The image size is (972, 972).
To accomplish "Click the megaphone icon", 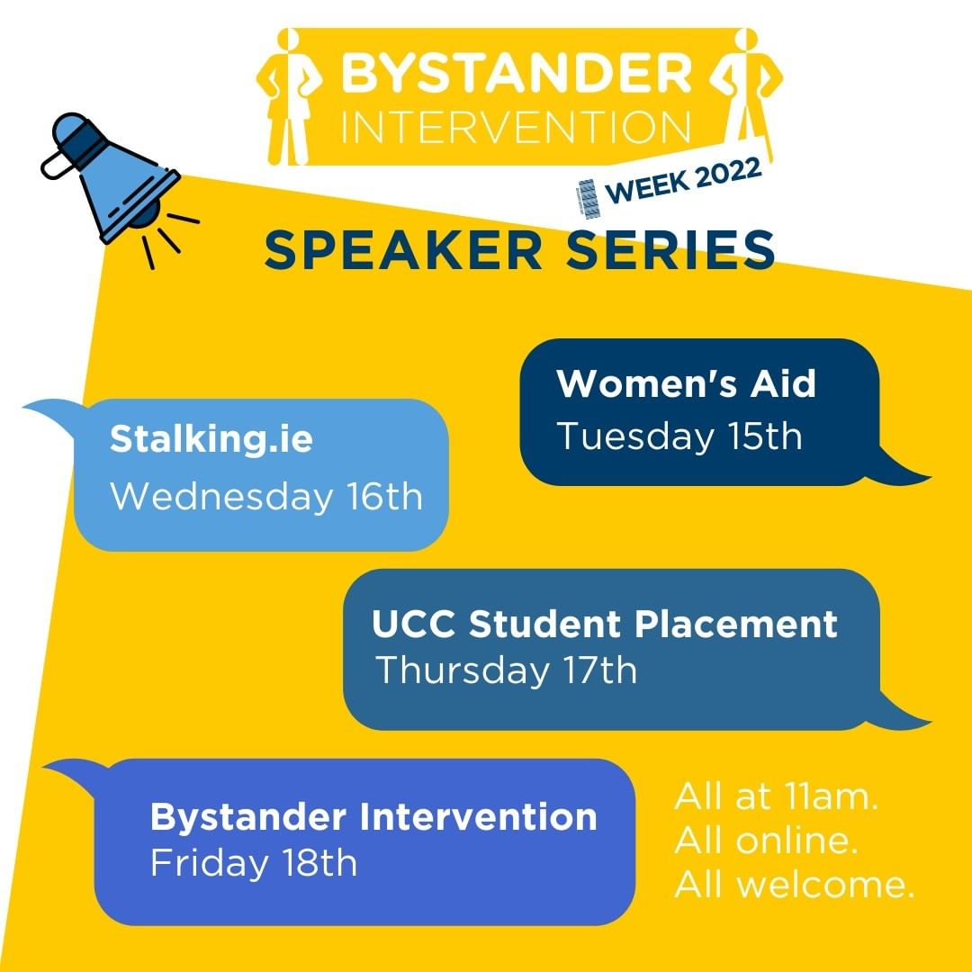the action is point(112,180).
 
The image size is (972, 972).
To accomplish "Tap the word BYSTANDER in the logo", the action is point(516,73).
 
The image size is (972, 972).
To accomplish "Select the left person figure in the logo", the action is point(290,96).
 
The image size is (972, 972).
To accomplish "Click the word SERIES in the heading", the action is point(670,250).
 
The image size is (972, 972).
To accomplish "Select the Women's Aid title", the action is point(686,383).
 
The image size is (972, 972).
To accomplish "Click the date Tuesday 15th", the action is point(679,436).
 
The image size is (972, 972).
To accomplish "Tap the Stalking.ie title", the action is point(211,439).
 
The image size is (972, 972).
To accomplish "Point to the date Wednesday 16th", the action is point(266,497).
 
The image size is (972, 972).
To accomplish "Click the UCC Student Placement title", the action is point(605,624).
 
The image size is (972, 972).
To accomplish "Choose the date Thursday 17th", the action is point(507,670).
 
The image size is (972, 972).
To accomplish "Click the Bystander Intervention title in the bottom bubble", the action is point(373,816).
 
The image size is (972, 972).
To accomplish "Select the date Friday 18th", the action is point(254,863).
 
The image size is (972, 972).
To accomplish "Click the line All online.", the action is point(766,841).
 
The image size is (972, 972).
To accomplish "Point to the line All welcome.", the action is point(794,884).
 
